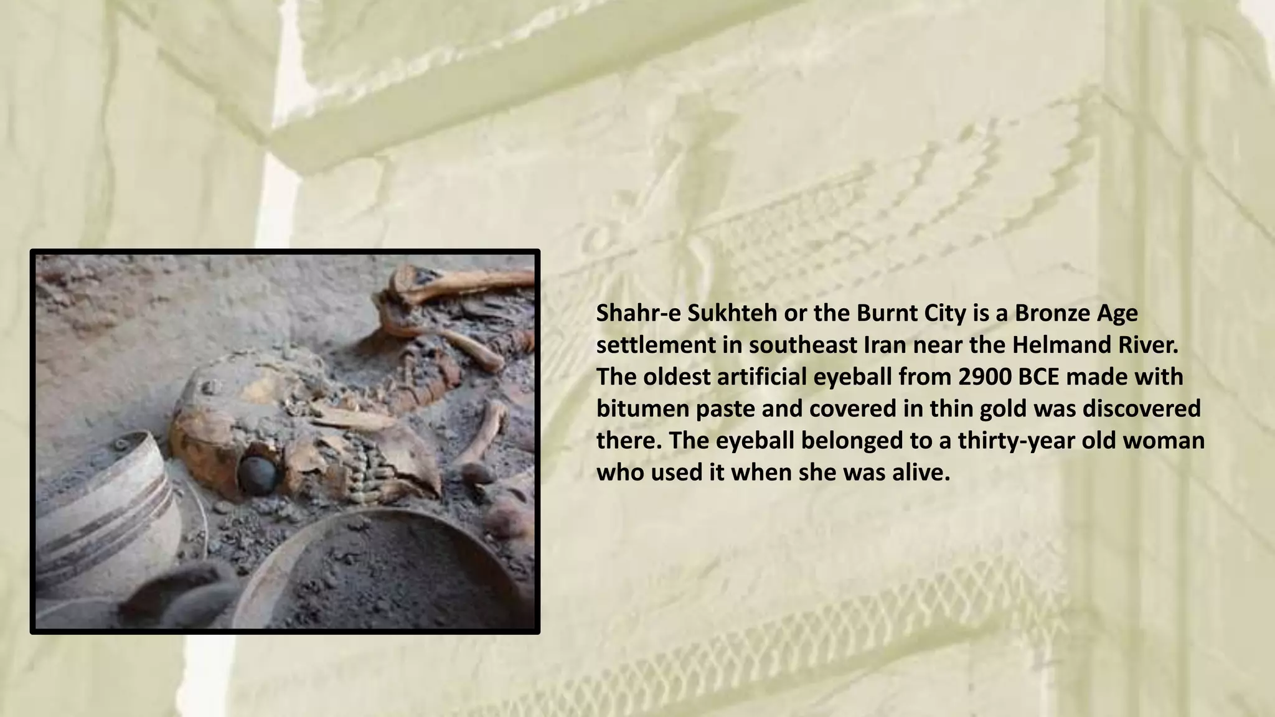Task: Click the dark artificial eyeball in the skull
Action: point(258,474)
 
